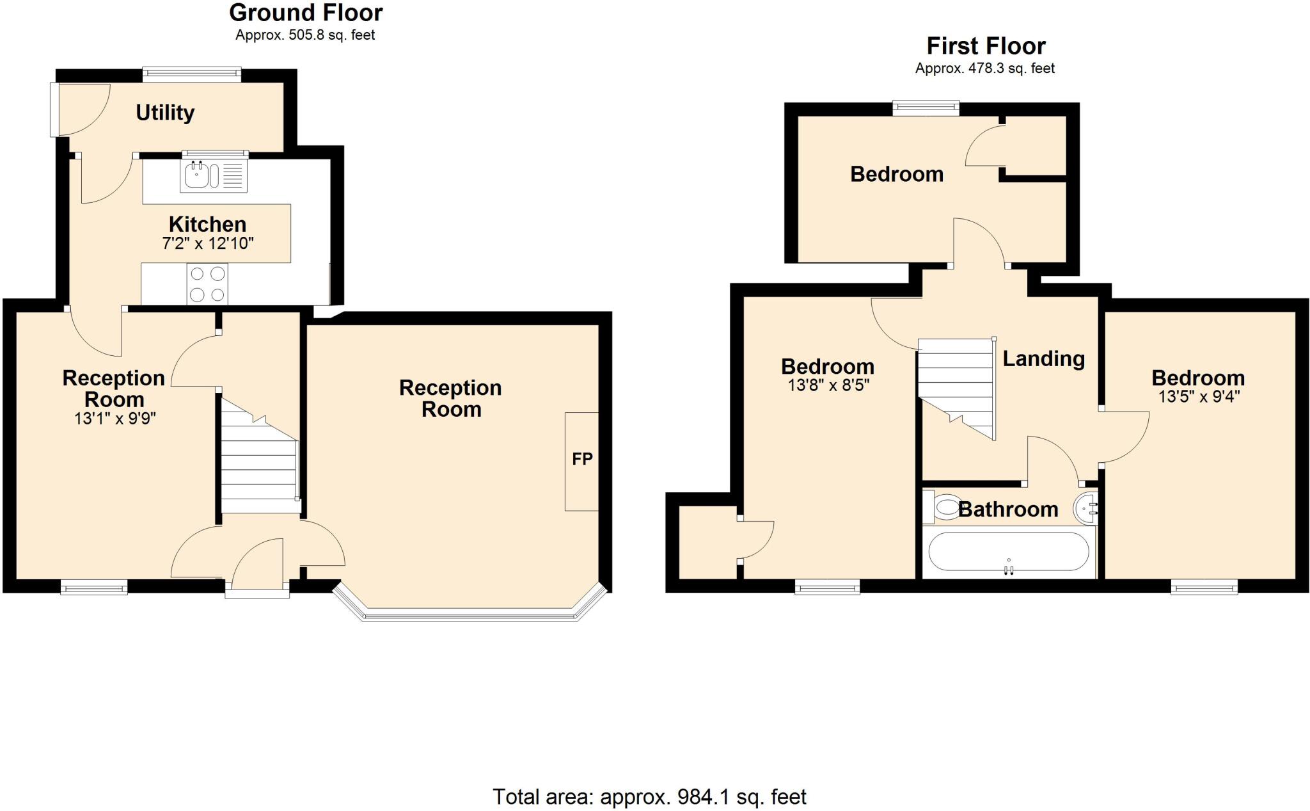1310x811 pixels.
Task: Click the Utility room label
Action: coord(165,113)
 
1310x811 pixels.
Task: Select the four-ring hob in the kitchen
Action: coord(207,284)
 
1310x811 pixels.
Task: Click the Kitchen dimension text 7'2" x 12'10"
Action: coord(208,243)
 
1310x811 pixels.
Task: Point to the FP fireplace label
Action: coord(582,459)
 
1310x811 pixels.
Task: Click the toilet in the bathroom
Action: coord(942,508)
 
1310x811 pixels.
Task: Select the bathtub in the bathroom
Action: coord(1008,552)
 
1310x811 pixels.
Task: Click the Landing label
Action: coord(1043,358)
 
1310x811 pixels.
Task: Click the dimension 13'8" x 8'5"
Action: coord(828,385)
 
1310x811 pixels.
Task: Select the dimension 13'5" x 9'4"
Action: coord(1199,396)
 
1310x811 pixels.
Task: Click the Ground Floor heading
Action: coord(306,13)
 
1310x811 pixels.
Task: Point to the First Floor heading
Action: coord(986,46)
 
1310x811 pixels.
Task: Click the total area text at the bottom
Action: coord(649,797)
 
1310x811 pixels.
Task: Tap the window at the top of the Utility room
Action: coord(192,74)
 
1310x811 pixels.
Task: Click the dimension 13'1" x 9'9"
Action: coord(115,419)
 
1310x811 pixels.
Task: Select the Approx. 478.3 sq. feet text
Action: coord(984,68)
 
